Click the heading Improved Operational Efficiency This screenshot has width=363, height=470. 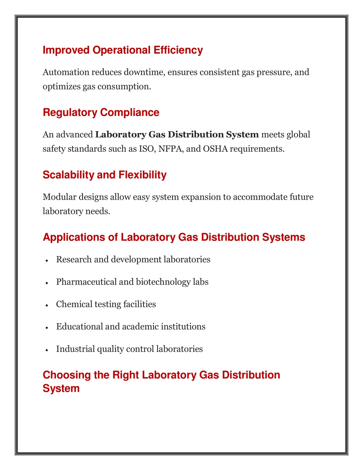point(123,50)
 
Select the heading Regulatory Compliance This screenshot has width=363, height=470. point(101,112)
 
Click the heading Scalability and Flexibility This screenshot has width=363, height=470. point(105,175)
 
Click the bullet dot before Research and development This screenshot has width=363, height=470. point(47,260)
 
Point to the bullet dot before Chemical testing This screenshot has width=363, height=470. point(47,305)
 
